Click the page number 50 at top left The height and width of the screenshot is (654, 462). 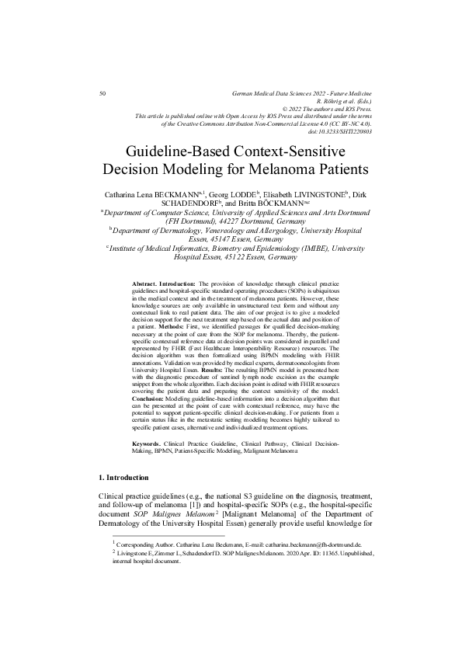click(104, 93)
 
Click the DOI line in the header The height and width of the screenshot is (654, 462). click(341, 131)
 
